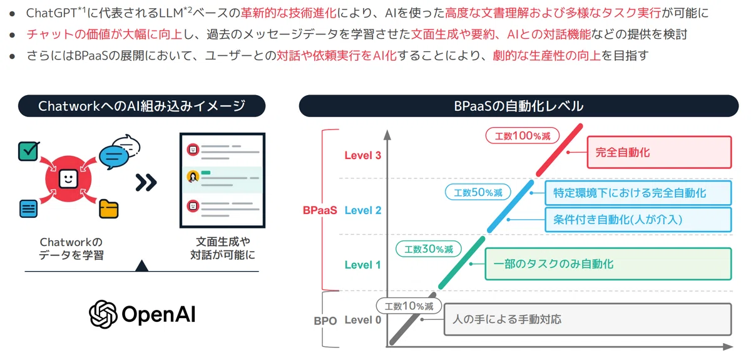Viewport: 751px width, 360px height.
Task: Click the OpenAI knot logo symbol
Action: [x=103, y=314]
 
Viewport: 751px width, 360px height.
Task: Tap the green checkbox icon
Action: [x=29, y=151]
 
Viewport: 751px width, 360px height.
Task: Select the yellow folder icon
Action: [x=109, y=208]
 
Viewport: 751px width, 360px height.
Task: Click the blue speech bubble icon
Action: [x=114, y=158]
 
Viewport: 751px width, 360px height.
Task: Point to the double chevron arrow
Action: [x=146, y=183]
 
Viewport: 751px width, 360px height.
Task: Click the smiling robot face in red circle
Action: [x=68, y=179]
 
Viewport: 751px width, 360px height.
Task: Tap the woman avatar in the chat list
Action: [x=193, y=177]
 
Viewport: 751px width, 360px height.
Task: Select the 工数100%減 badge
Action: [x=523, y=136]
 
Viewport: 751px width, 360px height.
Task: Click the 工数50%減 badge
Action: [x=478, y=192]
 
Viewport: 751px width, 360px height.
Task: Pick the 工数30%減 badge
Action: [x=429, y=249]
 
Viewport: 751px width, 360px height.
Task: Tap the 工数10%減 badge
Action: [x=409, y=306]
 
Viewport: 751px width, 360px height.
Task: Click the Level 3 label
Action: [x=363, y=155]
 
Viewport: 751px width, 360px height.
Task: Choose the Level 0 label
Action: [x=363, y=320]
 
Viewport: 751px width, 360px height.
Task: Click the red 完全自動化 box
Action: [x=659, y=152]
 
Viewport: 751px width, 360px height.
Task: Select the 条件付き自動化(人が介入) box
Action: [x=638, y=220]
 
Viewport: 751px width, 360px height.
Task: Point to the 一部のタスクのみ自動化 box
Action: [x=608, y=264]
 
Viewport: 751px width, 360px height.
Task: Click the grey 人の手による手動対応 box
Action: [x=588, y=319]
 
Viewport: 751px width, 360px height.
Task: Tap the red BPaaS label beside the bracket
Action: [x=320, y=210]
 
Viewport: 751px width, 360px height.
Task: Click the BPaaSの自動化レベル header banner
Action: [x=519, y=106]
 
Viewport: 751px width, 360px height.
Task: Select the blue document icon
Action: [x=29, y=208]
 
